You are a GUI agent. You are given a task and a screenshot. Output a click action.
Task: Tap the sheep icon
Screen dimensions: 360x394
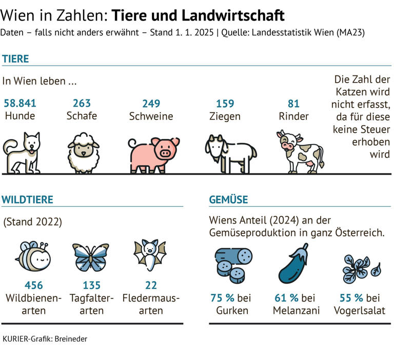point(83,152)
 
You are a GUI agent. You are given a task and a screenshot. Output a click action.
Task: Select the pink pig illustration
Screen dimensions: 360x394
point(154,153)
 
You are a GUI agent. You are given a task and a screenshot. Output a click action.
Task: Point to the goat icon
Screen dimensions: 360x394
point(230,153)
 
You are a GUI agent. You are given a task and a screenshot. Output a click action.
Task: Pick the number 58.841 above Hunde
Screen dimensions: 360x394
point(20,103)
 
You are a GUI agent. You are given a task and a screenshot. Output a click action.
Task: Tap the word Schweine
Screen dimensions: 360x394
point(151,116)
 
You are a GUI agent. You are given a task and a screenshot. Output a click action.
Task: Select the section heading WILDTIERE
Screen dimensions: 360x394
point(28,199)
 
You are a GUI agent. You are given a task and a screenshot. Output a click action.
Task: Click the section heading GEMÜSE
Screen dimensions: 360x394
point(228,199)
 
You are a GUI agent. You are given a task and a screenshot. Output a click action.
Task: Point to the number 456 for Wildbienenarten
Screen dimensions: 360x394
point(33,285)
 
